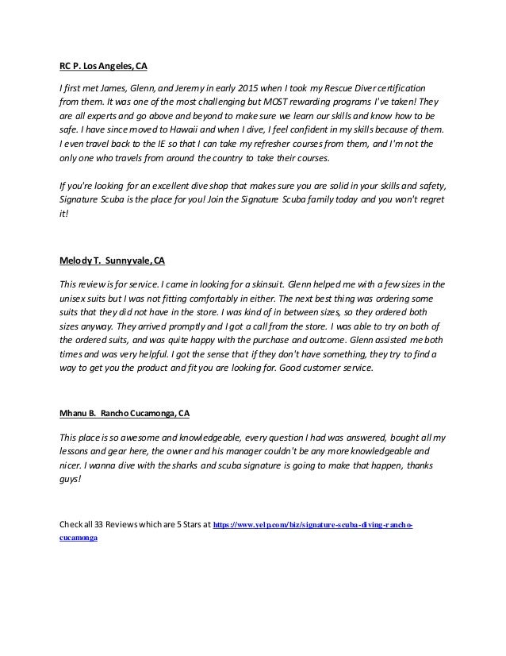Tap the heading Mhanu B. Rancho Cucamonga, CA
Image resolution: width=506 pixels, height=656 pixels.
click(125, 413)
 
